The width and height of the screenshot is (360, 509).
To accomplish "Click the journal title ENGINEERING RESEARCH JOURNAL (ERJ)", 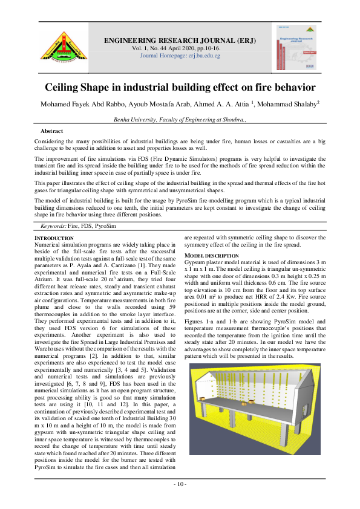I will (180, 41).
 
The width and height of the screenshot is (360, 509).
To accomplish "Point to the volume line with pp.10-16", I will (180, 48).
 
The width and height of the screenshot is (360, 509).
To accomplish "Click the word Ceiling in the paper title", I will (66, 87).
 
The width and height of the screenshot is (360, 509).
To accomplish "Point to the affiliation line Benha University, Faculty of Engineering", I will (180, 120).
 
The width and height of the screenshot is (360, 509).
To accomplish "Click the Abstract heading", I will (52, 131).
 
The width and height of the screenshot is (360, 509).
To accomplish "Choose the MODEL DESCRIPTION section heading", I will (212, 256).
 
